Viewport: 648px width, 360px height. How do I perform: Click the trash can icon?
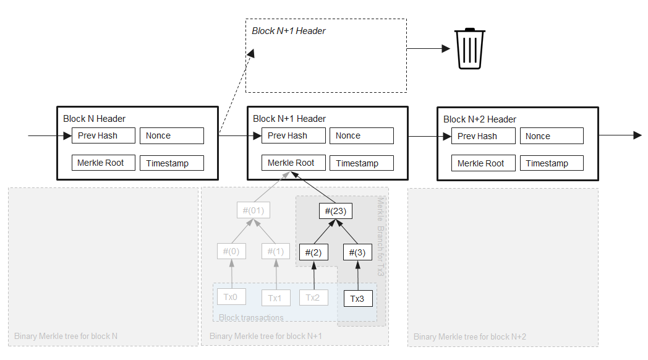471,48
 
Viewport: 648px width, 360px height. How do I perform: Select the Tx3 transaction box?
358,299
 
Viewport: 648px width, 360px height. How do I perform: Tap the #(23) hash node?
335,212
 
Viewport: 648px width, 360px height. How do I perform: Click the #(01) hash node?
254,210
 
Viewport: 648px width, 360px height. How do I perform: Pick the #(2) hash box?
314,252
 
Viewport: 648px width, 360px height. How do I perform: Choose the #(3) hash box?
358,252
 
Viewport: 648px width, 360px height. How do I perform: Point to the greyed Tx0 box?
231,297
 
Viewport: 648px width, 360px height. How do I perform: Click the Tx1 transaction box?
275,298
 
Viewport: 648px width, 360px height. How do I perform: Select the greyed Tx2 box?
314,298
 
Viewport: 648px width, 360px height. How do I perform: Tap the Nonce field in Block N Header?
172,135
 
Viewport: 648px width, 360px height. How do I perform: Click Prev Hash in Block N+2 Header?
484,136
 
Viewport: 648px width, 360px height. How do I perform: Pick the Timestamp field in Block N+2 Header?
552,163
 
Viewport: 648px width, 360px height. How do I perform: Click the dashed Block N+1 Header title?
289,30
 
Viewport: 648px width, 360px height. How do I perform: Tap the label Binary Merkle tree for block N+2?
470,336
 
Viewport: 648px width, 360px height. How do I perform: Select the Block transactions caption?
251,317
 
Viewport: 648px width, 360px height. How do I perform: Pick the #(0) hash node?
232,252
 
